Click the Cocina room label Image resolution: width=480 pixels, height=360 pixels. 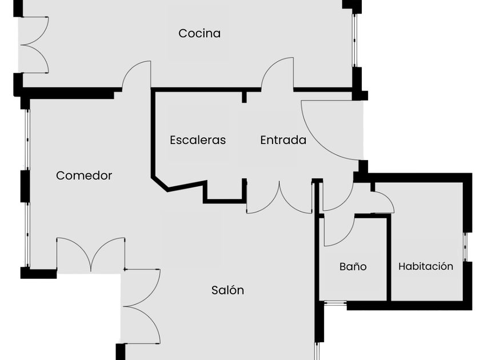click(x=199, y=33)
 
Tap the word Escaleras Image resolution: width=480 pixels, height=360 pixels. click(x=198, y=140)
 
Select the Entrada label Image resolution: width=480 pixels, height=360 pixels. click(x=283, y=140)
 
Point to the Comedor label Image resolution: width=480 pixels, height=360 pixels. click(x=84, y=175)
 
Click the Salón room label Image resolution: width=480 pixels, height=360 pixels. click(x=227, y=290)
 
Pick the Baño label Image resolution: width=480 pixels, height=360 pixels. click(x=353, y=266)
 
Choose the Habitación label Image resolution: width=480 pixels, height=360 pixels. click(x=426, y=266)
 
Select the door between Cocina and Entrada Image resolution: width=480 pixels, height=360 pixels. click(x=278, y=75)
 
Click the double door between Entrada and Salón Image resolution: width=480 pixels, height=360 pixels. click(x=279, y=198)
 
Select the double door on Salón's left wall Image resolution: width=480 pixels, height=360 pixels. click(x=141, y=306)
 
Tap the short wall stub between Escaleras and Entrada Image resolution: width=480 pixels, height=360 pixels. click(x=244, y=97)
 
